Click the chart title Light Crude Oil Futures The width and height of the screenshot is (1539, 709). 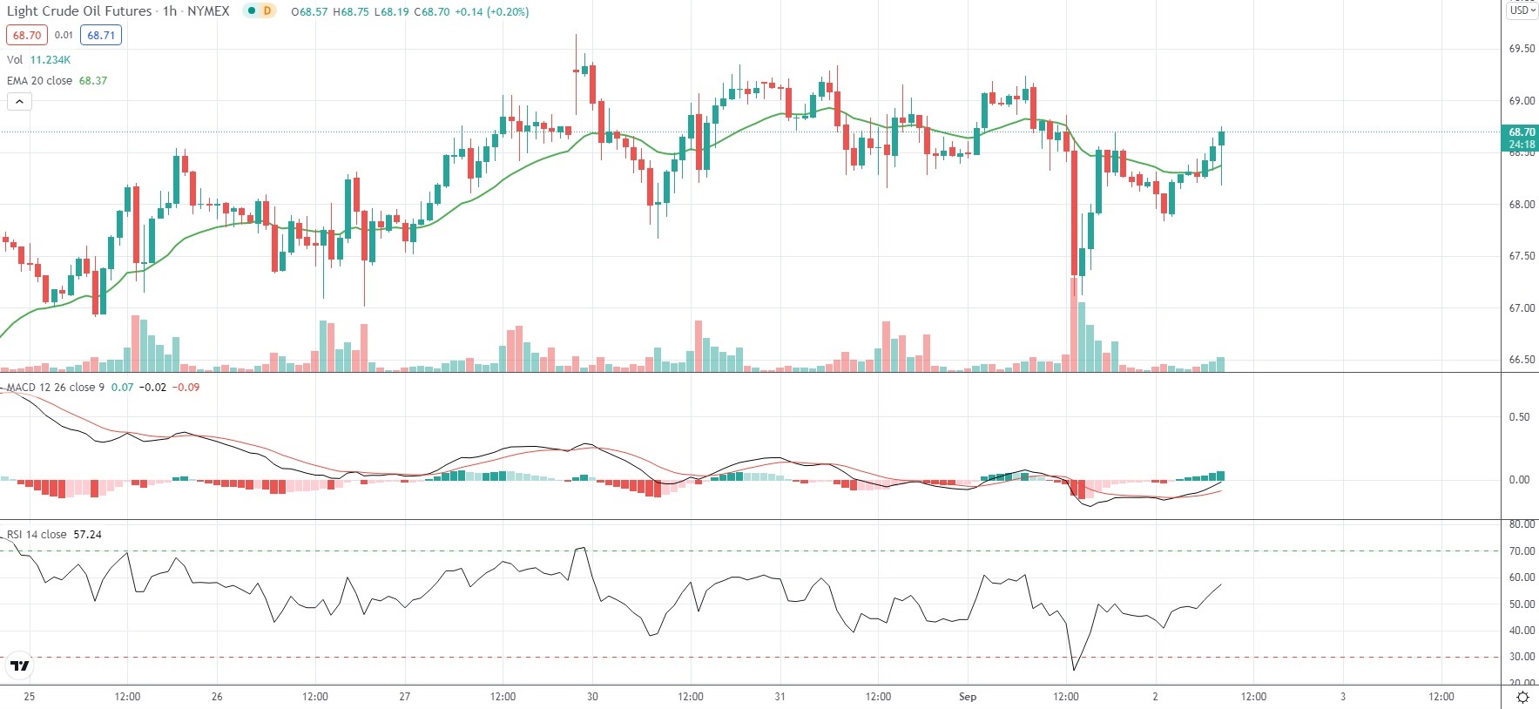(79, 11)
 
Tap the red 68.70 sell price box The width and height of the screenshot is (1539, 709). (26, 36)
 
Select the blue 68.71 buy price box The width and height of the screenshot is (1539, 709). (101, 36)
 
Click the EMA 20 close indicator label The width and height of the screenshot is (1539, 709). (40, 81)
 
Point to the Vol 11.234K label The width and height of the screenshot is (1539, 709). (39, 60)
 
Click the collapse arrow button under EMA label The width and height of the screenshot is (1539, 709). (19, 102)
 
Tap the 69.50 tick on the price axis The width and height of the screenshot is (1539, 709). (1522, 49)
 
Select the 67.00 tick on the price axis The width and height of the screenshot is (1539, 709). (1522, 308)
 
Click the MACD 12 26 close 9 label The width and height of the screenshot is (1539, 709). (56, 388)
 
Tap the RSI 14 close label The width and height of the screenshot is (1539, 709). (37, 535)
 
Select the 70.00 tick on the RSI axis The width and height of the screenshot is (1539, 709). (1522, 551)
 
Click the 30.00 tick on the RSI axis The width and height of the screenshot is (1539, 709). (1522, 658)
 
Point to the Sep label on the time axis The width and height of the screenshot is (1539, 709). (967, 697)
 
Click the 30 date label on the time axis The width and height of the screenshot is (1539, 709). (592, 697)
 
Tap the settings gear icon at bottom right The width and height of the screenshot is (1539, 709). (1522, 697)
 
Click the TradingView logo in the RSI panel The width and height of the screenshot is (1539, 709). (19, 666)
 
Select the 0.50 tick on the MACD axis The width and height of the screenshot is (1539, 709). (1519, 417)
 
